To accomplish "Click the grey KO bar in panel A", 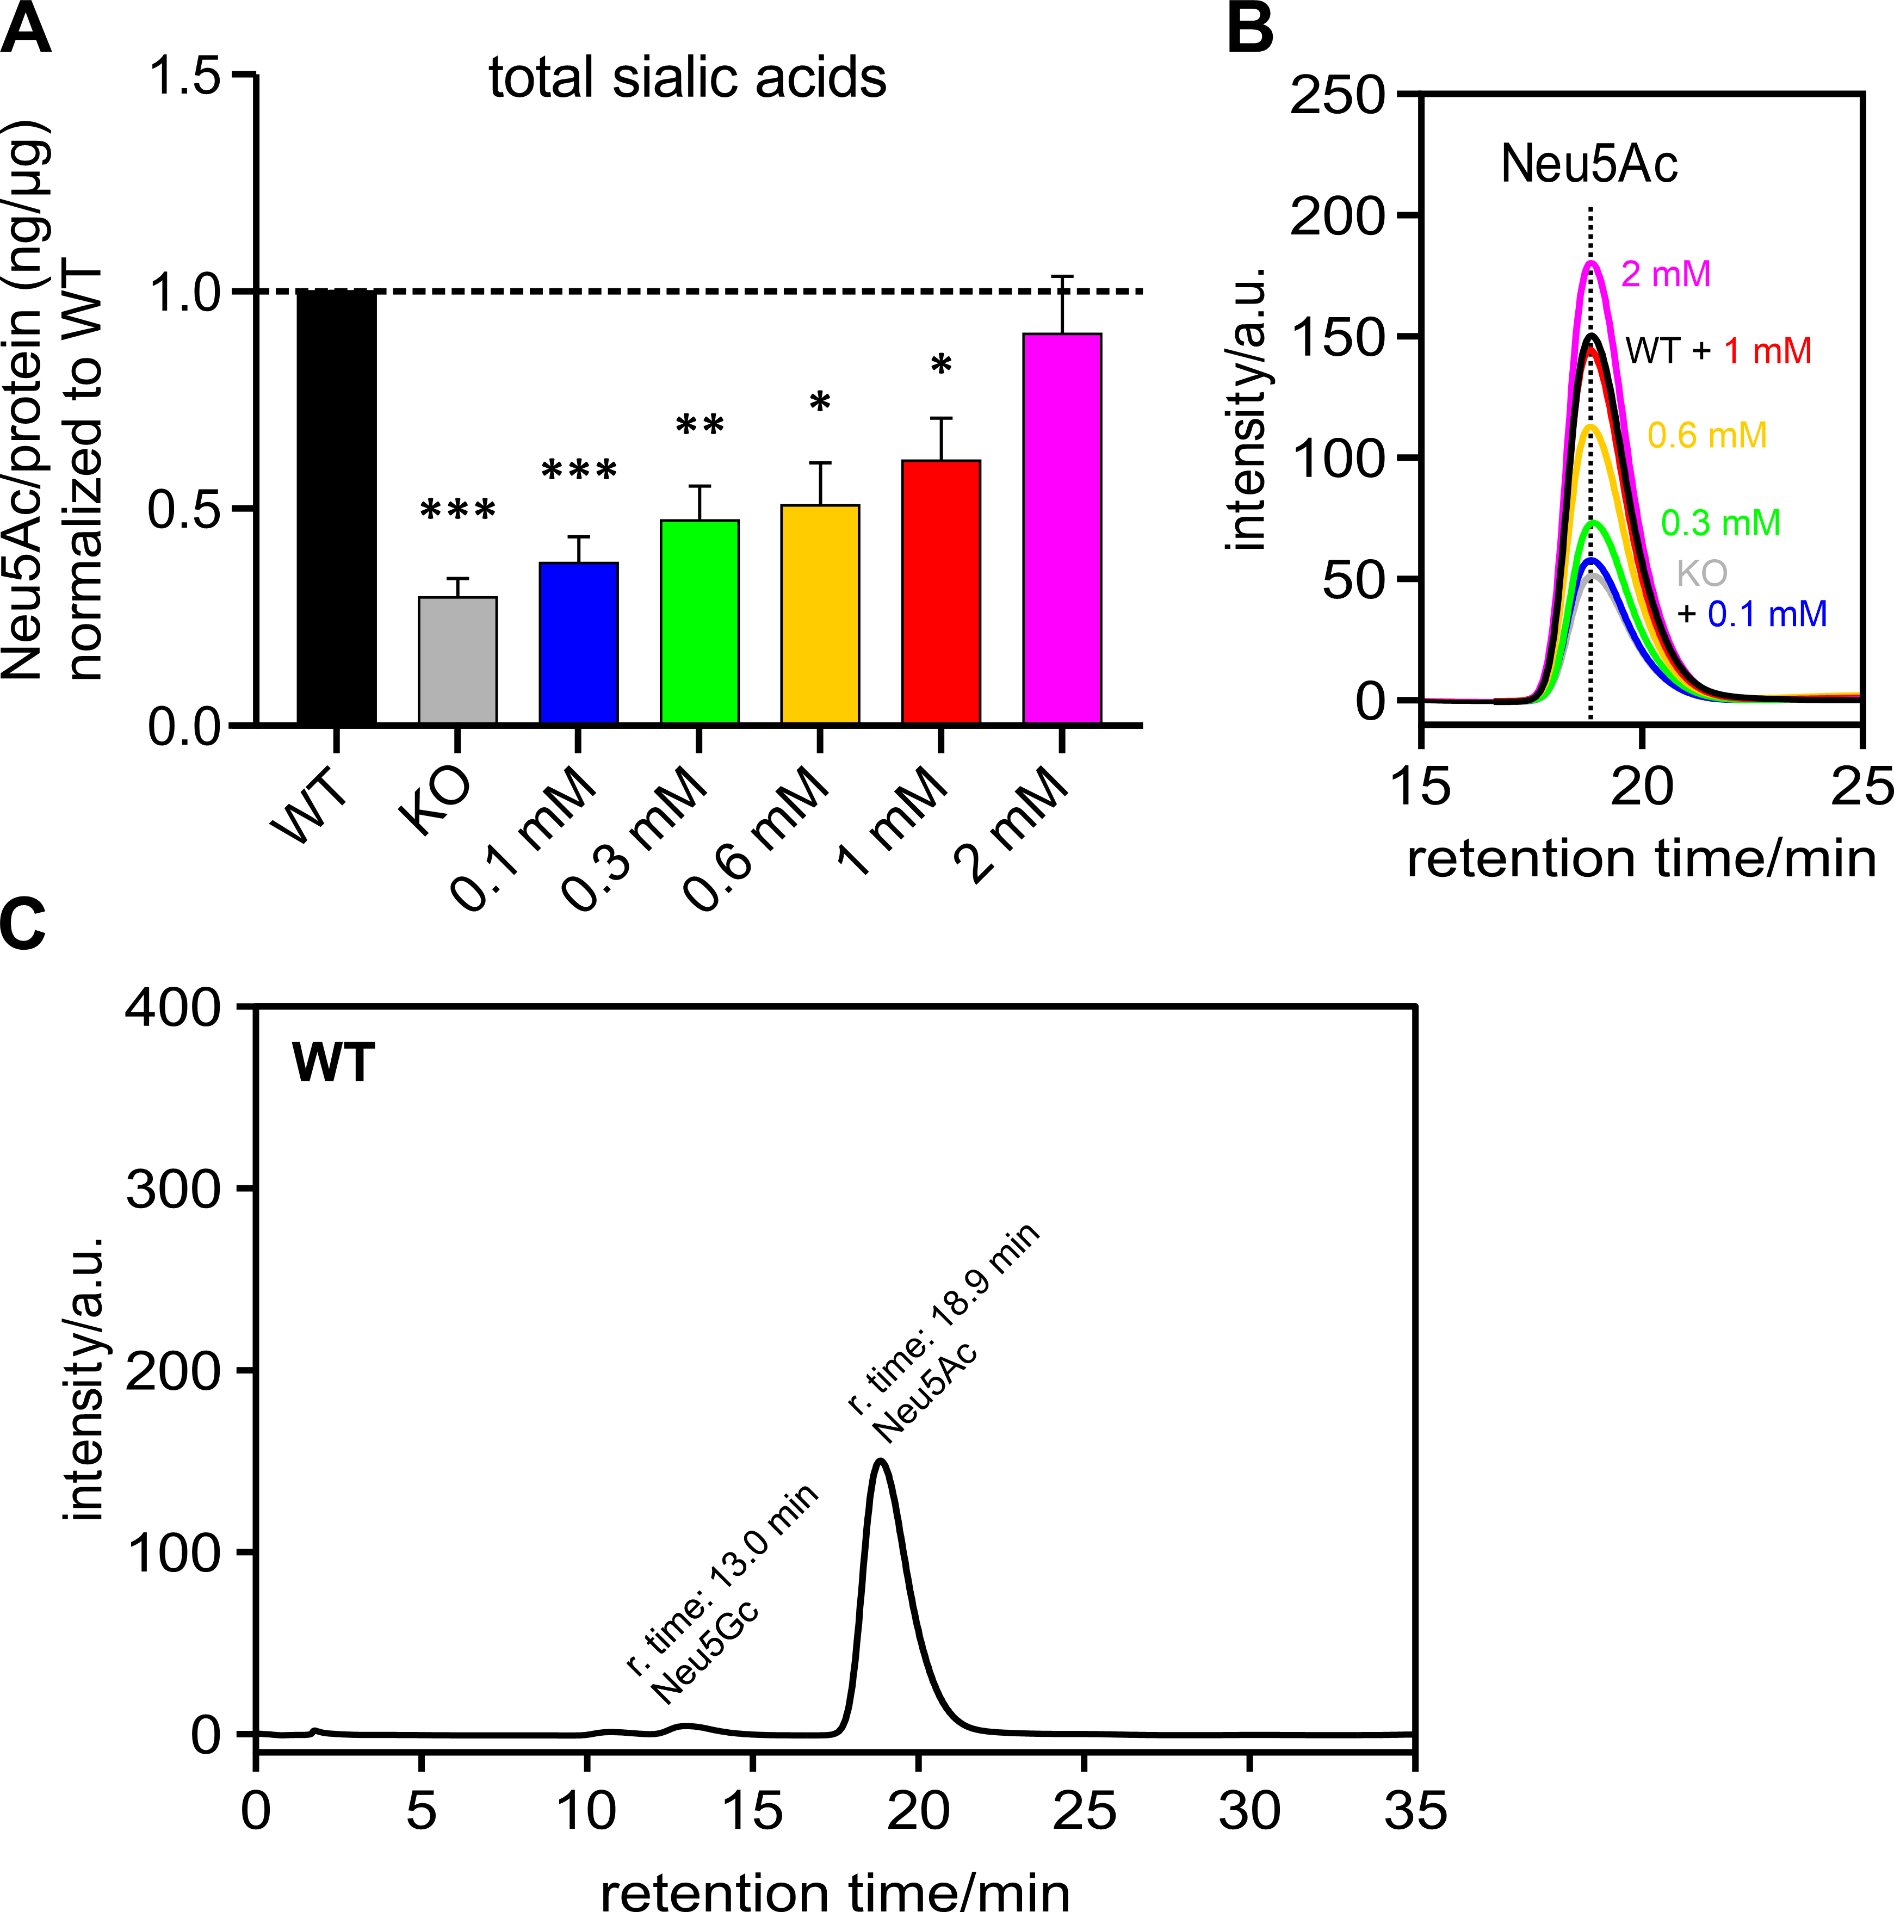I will (x=457, y=660).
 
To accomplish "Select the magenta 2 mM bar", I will (x=1062, y=529).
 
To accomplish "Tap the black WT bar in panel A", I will (x=337, y=508).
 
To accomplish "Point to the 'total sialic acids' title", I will (x=688, y=78).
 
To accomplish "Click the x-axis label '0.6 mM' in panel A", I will (x=757, y=840).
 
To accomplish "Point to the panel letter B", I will (x=1250, y=30).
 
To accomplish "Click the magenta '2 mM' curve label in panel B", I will (x=1666, y=274).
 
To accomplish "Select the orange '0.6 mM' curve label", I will (x=1707, y=436).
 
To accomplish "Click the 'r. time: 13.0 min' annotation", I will (x=722, y=1579).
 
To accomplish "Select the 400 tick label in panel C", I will (x=173, y=1008).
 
